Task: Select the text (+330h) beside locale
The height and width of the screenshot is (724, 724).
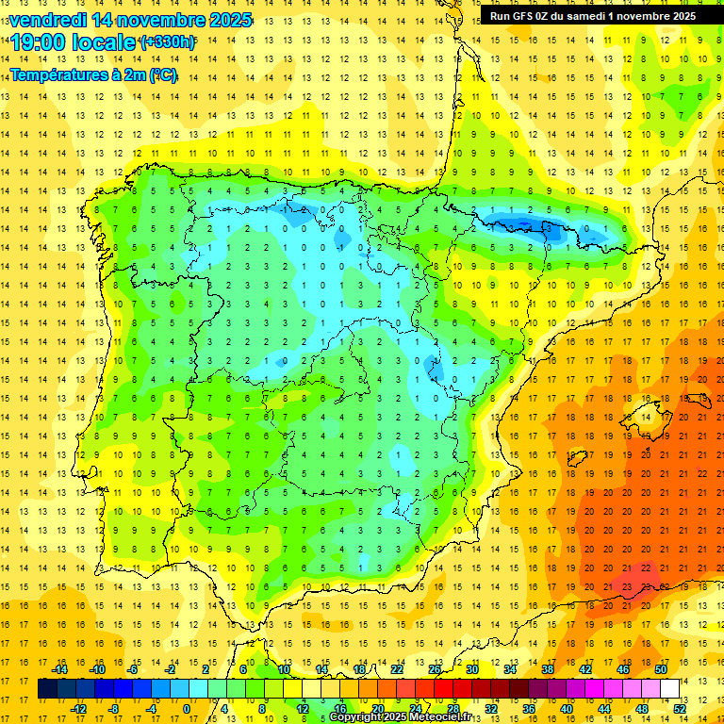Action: coord(168,42)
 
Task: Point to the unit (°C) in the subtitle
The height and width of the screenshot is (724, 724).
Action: coord(161,75)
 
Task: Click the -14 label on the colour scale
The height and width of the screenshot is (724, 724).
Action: coord(59,669)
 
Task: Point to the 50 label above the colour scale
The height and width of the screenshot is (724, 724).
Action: coord(661,669)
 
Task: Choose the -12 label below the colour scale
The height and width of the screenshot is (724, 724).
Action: coord(79,709)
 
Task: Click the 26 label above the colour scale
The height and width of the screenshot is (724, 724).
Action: coord(436,669)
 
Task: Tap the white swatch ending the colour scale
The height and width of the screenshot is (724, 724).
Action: coord(670,688)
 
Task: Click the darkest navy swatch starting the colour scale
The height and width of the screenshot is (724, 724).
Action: coord(47,688)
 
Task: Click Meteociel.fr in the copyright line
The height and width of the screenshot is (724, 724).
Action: coord(440,717)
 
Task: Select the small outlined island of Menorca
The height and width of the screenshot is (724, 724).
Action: coord(699,379)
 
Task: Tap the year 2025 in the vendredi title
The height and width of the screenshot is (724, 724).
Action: coord(226,20)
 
